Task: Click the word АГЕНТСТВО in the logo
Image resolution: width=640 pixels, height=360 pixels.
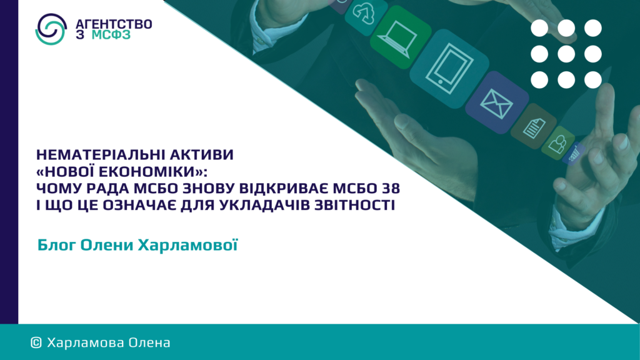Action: click(x=114, y=24)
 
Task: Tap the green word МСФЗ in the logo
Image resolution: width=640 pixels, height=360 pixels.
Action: click(x=111, y=35)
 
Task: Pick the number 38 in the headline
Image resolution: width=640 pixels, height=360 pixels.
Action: click(x=391, y=188)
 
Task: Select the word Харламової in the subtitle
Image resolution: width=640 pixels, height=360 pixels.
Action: click(x=187, y=245)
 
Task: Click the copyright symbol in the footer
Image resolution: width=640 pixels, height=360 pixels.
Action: click(x=36, y=343)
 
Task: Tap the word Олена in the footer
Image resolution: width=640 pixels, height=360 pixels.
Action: click(x=149, y=342)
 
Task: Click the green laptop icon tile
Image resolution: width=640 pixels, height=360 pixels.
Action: click(x=401, y=37)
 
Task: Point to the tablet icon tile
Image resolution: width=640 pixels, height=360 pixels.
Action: click(x=449, y=69)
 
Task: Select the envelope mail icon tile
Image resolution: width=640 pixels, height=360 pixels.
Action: click(x=497, y=102)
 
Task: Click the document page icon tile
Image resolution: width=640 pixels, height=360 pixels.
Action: click(x=534, y=126)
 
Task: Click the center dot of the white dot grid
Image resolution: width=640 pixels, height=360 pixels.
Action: click(x=566, y=54)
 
